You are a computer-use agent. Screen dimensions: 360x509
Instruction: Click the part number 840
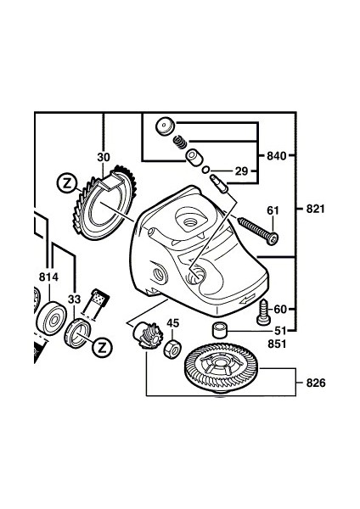pyautogui.click(x=277, y=156)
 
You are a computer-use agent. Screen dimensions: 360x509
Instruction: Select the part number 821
pyautogui.click(x=316, y=209)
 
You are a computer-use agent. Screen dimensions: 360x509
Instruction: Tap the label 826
pyautogui.click(x=316, y=383)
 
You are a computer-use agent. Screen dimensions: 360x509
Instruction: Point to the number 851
pyautogui.click(x=277, y=344)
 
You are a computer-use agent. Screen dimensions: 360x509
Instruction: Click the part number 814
pyautogui.click(x=48, y=277)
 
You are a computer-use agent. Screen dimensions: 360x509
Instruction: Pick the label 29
pyautogui.click(x=241, y=171)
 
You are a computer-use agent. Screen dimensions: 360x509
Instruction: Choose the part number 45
pyautogui.click(x=173, y=323)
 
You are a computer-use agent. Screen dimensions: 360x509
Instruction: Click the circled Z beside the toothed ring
pyautogui.click(x=67, y=184)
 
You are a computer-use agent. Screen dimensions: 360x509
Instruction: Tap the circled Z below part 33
pyautogui.click(x=102, y=348)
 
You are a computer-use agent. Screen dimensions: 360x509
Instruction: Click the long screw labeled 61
pyautogui.click(x=258, y=231)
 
